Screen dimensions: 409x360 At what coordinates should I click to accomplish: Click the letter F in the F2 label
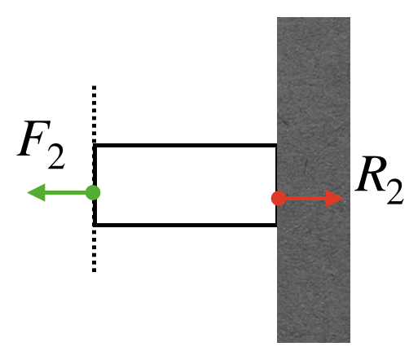click(x=34, y=138)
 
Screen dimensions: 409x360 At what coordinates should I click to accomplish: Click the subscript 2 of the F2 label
click(x=56, y=156)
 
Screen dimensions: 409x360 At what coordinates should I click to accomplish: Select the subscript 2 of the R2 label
click(x=395, y=192)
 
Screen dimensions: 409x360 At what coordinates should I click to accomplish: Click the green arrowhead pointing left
click(x=37, y=193)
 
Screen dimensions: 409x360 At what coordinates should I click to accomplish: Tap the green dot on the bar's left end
click(x=93, y=193)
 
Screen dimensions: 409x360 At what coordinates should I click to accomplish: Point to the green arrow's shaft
click(x=65, y=193)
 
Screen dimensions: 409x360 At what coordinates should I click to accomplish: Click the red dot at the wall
click(x=279, y=198)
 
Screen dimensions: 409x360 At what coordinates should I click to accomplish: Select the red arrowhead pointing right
click(x=335, y=199)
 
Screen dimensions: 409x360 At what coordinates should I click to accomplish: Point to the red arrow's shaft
click(x=306, y=199)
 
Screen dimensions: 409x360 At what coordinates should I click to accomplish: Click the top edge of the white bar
click(x=185, y=146)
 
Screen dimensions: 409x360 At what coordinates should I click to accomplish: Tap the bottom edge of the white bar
click(x=185, y=225)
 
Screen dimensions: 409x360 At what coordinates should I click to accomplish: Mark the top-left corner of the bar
click(x=94, y=145)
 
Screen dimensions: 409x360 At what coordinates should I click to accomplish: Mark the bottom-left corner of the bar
click(x=94, y=226)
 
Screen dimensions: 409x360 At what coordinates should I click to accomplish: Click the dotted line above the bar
click(x=94, y=114)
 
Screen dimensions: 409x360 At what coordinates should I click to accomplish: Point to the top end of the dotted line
click(x=94, y=86)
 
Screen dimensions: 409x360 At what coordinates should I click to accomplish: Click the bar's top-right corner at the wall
click(x=276, y=145)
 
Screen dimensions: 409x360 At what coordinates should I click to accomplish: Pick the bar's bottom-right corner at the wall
click(x=276, y=226)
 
